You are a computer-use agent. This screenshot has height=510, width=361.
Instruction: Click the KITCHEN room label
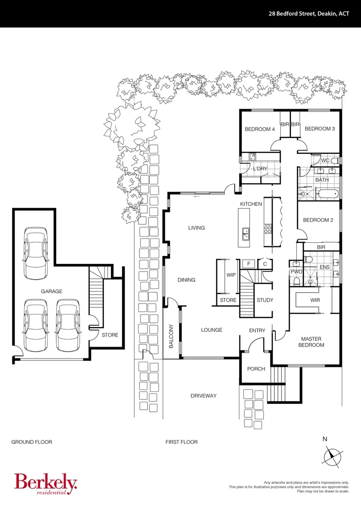click(x=250, y=204)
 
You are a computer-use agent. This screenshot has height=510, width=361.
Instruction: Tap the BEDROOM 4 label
click(x=259, y=129)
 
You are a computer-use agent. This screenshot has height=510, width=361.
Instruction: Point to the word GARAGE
click(x=51, y=292)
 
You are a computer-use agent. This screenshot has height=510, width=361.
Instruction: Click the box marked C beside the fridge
click(x=265, y=264)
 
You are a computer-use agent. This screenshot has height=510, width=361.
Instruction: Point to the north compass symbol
click(x=333, y=455)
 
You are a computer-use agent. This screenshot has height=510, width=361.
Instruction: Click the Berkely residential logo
click(x=45, y=484)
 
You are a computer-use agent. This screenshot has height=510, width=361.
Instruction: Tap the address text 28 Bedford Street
click(x=307, y=14)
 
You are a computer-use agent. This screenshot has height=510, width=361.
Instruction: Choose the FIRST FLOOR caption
click(x=181, y=442)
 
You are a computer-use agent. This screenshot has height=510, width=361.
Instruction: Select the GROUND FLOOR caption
click(x=32, y=442)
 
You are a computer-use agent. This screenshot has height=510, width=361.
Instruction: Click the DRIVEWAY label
click(x=204, y=396)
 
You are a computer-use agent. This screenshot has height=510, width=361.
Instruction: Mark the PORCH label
click(x=257, y=369)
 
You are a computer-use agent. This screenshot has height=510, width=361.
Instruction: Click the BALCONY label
click(x=172, y=336)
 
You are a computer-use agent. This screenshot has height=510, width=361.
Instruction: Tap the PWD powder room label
click(x=296, y=272)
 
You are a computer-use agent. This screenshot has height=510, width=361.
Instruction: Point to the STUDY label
click(x=265, y=300)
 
